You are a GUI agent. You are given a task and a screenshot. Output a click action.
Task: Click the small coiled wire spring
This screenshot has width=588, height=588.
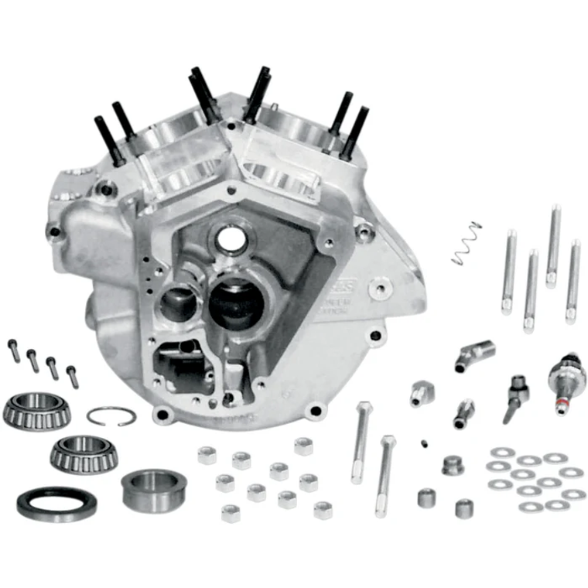click(467, 244)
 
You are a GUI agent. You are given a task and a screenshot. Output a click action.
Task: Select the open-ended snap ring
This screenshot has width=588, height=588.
click(111, 416)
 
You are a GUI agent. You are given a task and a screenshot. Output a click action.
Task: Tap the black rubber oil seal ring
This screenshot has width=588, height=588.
click(56, 503)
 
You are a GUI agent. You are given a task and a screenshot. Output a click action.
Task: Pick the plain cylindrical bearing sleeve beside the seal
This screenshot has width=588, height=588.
click(150, 490)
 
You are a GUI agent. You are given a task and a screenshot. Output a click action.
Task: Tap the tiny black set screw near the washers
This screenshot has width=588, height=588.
click(426, 443)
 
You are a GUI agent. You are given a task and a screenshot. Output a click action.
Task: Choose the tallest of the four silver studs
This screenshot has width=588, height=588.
click(553, 246)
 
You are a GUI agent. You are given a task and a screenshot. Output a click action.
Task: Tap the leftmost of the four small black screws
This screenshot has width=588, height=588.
click(14, 350)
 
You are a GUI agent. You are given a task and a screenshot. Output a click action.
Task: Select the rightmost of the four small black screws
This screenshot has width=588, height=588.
click(72, 376)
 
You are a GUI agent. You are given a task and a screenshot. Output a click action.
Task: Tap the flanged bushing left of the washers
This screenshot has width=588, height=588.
click(453, 466)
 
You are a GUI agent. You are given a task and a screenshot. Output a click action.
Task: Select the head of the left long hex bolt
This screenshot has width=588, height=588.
click(365, 408)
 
